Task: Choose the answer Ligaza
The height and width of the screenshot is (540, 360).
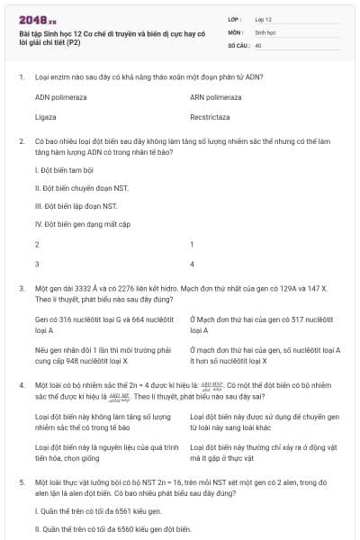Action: pos(46,117)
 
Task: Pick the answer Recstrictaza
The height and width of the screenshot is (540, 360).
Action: pos(215,117)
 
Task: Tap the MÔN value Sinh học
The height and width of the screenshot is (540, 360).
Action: pos(265,31)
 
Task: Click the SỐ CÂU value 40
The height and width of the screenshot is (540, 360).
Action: pos(258,43)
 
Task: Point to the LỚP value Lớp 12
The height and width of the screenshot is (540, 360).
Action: pos(264,18)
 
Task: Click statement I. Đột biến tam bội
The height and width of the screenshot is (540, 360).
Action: pos(66,170)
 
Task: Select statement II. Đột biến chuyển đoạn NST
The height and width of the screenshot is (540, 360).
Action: pos(82,188)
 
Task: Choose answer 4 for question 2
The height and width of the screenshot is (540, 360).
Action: pos(193,264)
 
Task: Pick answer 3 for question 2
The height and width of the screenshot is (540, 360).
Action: pos(37,264)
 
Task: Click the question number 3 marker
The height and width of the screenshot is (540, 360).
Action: pos(21,288)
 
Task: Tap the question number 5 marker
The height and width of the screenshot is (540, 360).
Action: pos(21,482)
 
